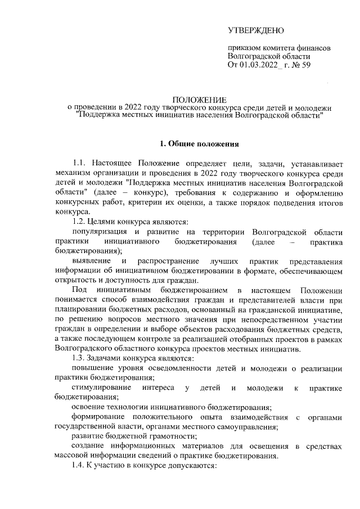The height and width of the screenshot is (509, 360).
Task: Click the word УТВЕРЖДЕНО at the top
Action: (256, 29)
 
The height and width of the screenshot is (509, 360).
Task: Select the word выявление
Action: (92, 262)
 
